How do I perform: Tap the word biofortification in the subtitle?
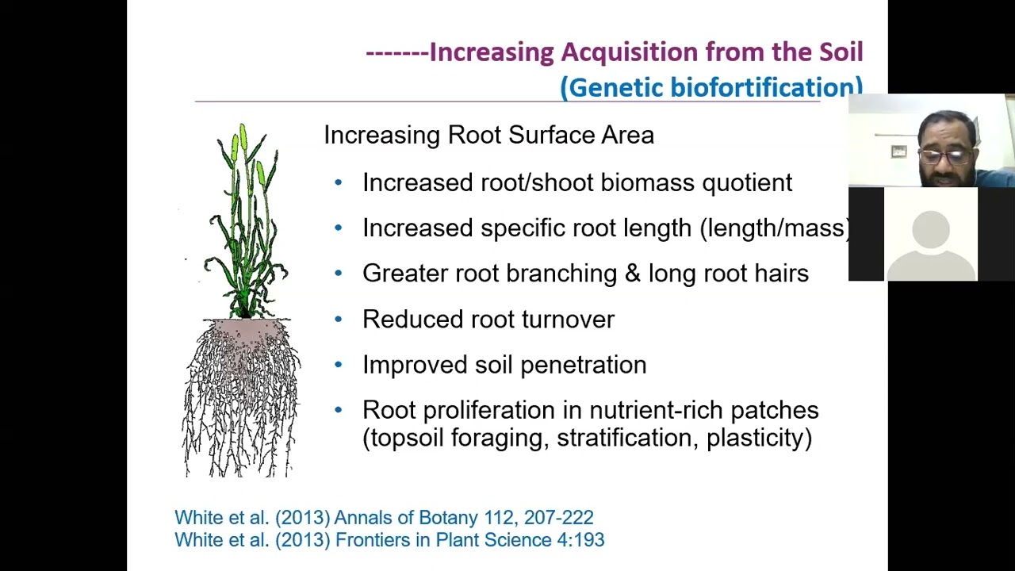click(x=765, y=87)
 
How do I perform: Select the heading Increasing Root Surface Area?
click(x=488, y=135)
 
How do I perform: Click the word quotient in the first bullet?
click(x=746, y=183)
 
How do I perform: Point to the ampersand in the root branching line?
click(x=632, y=274)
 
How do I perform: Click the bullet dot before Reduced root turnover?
click(x=339, y=319)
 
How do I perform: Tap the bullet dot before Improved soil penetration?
click(x=339, y=364)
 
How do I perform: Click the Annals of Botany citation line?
click(x=384, y=518)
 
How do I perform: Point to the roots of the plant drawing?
click(x=241, y=397)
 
